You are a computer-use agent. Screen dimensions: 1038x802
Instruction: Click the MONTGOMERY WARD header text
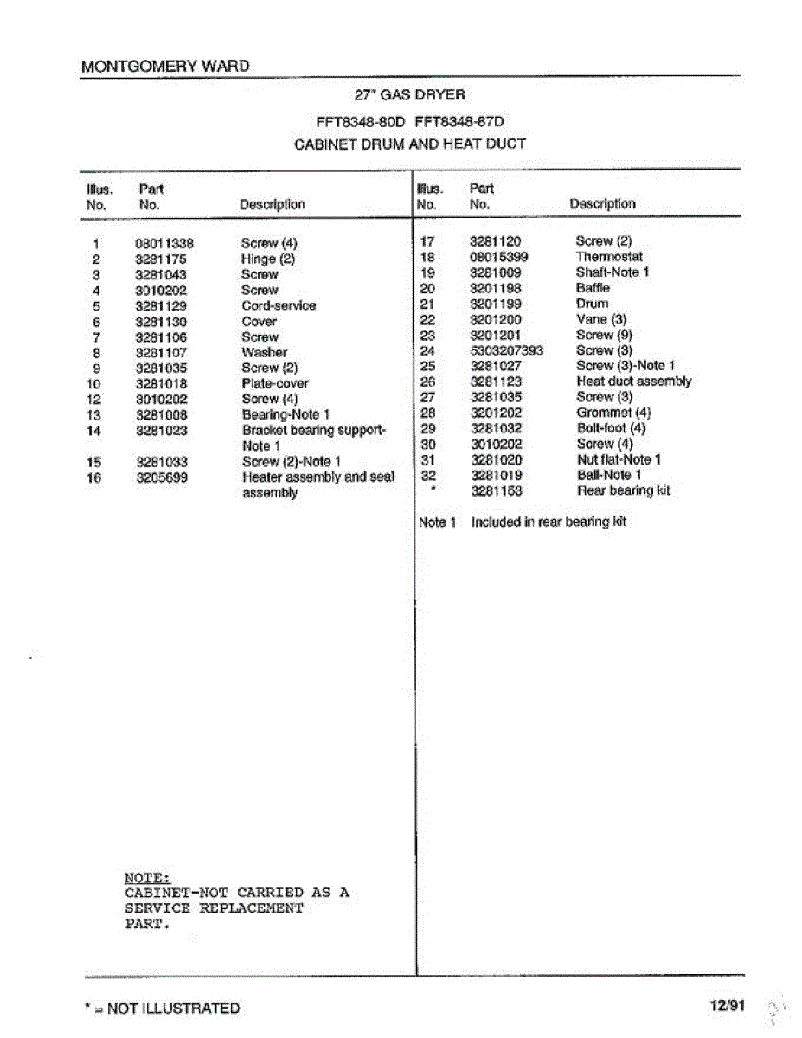point(164,66)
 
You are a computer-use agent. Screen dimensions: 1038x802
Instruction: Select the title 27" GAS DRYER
point(410,94)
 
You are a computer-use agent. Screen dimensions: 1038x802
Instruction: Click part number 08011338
point(164,243)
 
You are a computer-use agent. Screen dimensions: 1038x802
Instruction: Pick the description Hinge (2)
point(268,259)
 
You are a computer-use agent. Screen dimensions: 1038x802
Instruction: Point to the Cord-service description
point(279,305)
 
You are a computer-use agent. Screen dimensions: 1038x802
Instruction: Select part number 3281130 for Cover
point(162,321)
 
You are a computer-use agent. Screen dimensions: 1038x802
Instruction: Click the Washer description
point(265,352)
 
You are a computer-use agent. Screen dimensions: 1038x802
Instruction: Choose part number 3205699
point(162,477)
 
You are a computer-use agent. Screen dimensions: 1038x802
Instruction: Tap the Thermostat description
point(609,256)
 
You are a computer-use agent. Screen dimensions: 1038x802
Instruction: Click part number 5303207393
point(506,350)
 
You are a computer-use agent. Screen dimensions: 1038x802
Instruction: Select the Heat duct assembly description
point(633,381)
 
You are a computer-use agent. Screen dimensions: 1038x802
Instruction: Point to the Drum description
point(592,304)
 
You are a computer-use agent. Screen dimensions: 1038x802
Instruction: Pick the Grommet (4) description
point(613,413)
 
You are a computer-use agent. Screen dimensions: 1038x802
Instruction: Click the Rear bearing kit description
point(623,490)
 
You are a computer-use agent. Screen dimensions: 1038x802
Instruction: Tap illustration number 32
point(427,475)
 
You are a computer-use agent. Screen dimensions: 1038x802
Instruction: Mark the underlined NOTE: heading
point(148,876)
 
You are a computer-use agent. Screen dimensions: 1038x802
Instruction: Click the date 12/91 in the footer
point(727,1006)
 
